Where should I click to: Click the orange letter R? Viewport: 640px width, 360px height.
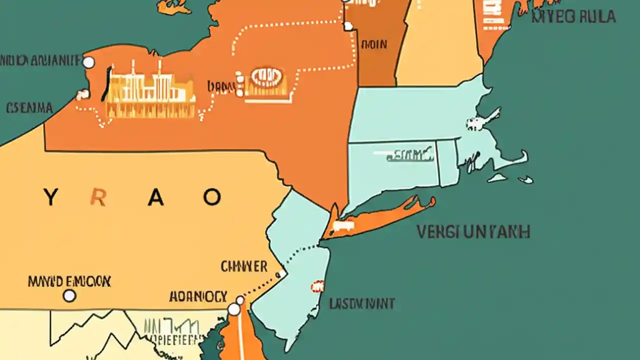98,198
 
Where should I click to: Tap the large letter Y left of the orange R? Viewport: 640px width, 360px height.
50,198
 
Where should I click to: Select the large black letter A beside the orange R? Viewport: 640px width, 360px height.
156,198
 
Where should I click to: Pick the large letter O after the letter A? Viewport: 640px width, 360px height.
211,197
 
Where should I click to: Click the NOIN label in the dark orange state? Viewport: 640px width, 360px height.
374,44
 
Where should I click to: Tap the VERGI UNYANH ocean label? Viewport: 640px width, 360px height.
473,232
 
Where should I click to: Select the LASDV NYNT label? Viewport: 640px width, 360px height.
362,303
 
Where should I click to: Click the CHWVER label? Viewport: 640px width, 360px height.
244,266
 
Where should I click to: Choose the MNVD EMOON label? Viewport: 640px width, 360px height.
70,281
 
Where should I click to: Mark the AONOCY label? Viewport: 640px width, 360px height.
198,295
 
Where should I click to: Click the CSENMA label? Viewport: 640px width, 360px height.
29,107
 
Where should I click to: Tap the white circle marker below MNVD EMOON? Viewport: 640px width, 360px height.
69,296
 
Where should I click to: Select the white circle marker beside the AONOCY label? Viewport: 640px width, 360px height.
234,309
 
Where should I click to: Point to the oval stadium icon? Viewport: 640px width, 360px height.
265,76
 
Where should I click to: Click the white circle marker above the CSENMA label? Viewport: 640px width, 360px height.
88,62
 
